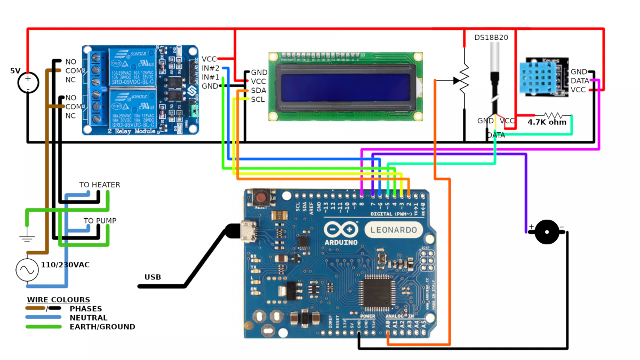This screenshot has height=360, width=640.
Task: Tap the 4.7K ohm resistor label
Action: pos(547,122)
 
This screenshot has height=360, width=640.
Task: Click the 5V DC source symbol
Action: pos(28,83)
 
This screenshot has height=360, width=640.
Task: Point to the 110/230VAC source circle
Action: pos(27,270)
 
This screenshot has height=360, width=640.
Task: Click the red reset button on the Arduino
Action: pos(262,197)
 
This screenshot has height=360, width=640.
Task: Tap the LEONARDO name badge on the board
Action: pos(394,230)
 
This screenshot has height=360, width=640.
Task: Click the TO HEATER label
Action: pos(100,185)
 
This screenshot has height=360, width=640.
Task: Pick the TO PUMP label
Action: pos(100,221)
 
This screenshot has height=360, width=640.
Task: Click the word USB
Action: pos(153,277)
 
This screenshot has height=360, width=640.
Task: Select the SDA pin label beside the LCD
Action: pos(259,90)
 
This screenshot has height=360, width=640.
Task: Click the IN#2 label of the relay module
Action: pos(211,68)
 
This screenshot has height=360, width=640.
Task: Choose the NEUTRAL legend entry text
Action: pos(88,318)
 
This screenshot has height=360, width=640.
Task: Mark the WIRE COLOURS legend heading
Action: pos(59,300)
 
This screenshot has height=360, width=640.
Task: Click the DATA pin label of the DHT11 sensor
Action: pos(579,81)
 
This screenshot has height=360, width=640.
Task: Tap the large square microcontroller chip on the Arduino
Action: pos(377,290)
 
